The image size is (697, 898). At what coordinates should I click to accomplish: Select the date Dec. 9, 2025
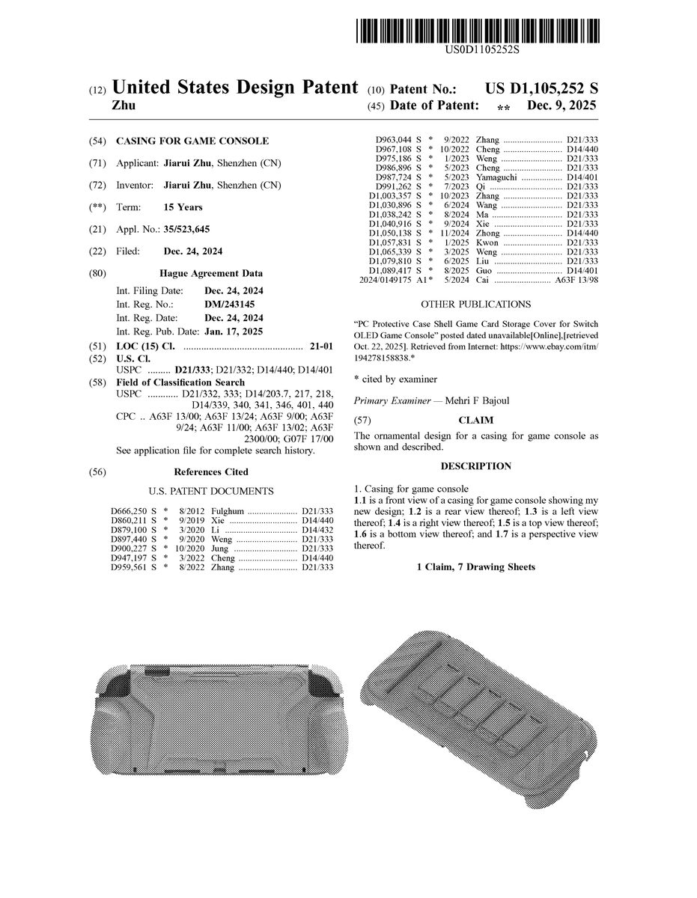click(561, 106)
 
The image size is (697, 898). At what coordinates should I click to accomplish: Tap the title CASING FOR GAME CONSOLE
click(192, 141)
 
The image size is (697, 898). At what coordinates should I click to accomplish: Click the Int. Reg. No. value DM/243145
click(229, 305)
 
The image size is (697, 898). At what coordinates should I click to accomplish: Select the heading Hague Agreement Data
click(211, 274)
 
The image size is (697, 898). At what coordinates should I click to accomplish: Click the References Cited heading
click(211, 472)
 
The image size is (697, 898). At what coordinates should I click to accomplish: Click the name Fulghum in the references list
click(228, 510)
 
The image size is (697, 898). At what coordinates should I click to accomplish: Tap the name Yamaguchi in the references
click(497, 177)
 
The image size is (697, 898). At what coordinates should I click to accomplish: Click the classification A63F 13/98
click(576, 280)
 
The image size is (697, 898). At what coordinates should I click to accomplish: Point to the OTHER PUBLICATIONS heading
click(476, 305)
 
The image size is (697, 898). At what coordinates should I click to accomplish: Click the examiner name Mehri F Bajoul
click(477, 400)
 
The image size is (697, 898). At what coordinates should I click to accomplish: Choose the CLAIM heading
click(476, 421)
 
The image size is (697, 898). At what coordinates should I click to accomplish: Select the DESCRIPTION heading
click(476, 466)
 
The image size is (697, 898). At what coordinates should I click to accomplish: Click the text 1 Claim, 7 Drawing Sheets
click(476, 566)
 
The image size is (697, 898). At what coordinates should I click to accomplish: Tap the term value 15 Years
click(183, 207)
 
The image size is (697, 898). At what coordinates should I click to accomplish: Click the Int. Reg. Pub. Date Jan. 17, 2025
click(234, 331)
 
